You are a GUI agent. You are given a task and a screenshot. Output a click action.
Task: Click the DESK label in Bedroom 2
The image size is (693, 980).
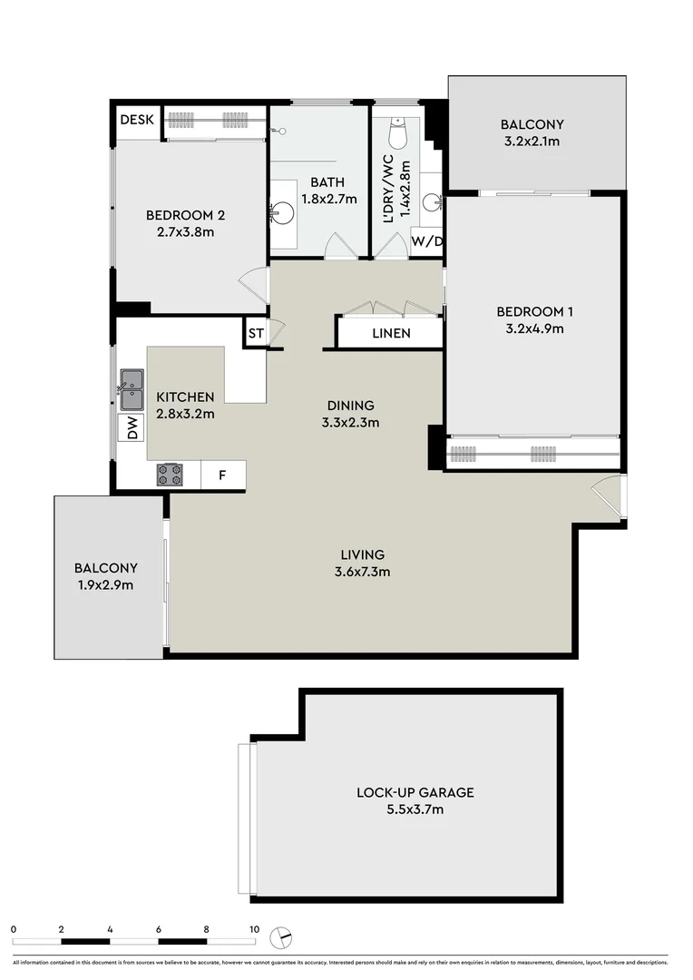tap(138, 119)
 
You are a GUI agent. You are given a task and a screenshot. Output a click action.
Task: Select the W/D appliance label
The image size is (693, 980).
tap(426, 241)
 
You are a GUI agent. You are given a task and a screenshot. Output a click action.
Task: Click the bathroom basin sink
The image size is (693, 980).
tap(282, 212)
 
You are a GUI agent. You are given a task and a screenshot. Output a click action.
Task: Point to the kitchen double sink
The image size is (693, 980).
tap(132, 388)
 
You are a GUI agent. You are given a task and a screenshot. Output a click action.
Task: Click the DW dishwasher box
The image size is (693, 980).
tap(132, 427)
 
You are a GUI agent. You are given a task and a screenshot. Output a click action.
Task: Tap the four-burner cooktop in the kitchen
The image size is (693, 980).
tap(170, 475)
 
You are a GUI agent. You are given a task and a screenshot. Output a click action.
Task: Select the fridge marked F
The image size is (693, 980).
tap(222, 475)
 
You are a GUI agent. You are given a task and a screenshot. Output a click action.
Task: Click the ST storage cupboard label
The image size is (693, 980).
tap(256, 333)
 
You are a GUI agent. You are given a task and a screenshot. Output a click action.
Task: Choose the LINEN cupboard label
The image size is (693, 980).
tap(391, 333)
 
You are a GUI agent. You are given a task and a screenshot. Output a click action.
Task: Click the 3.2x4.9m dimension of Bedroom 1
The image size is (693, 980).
tap(534, 328)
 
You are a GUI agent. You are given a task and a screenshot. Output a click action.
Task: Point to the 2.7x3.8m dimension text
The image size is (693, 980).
tap(185, 231)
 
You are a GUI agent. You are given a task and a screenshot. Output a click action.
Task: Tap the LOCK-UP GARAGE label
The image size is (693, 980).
tap(415, 792)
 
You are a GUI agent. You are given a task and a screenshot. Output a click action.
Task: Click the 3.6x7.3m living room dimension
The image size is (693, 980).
tap(363, 571)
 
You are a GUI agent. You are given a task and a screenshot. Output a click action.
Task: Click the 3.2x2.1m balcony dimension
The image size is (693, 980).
tap(532, 142)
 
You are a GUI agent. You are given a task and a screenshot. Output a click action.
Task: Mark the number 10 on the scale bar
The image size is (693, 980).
tap(254, 929)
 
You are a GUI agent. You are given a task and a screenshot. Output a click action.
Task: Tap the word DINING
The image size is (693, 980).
tap(351, 406)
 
